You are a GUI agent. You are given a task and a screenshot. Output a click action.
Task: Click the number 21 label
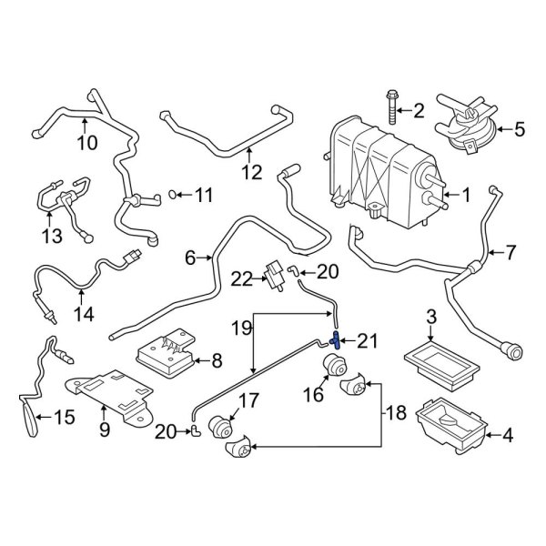[367, 341]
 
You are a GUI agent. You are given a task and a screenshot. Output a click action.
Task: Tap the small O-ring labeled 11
[174, 194]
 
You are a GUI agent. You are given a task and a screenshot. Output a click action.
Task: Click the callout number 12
[251, 170]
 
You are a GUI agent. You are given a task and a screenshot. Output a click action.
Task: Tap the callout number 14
[84, 314]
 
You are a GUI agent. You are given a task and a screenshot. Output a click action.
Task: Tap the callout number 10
[86, 143]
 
